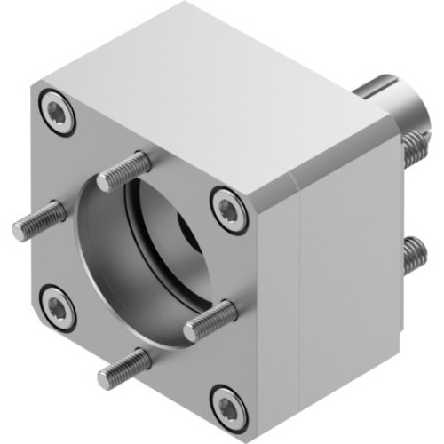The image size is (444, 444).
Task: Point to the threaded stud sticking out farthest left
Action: pyautogui.click(x=40, y=221)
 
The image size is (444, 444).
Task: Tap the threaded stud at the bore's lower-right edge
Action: pyautogui.click(x=211, y=321)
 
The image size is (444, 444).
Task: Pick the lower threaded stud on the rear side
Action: pyautogui.click(x=411, y=256)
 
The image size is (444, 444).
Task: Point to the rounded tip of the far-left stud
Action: pyautogui.click(x=18, y=230)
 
